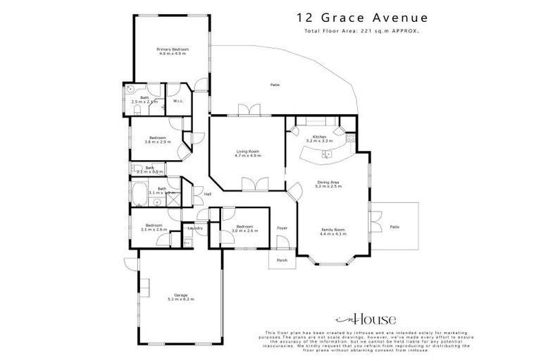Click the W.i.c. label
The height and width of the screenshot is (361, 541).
178,101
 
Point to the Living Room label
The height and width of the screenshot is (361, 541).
247,151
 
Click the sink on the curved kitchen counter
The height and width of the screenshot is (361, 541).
327,154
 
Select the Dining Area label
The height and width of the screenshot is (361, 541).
329,183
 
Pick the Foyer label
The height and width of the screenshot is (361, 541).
282,228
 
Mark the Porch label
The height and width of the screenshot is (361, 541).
282,259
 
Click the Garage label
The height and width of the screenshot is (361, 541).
180,295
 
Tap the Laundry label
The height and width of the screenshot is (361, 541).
195,228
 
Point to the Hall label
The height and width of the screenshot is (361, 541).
207,195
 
